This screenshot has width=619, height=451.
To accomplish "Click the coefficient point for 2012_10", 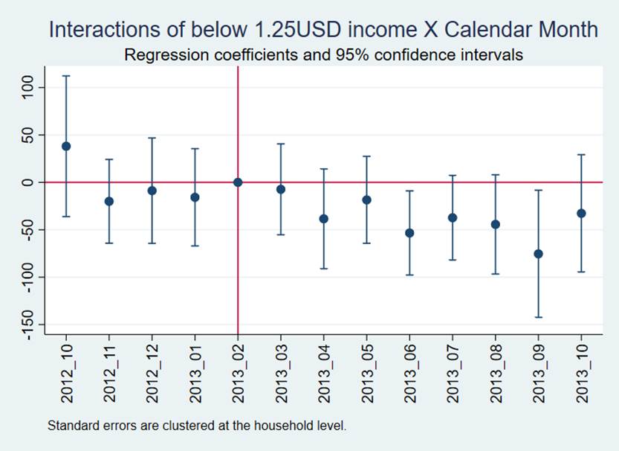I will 66,146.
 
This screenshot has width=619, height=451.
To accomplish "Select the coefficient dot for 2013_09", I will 539,254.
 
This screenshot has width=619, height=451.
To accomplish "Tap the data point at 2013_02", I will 238,182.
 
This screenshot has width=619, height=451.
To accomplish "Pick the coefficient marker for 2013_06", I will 409,233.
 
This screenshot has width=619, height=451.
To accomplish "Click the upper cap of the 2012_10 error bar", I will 66,76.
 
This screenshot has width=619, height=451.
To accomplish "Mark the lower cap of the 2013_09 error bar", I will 539,317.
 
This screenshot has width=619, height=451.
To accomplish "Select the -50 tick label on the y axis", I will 28,229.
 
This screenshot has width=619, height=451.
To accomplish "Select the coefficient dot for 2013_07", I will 453,217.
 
